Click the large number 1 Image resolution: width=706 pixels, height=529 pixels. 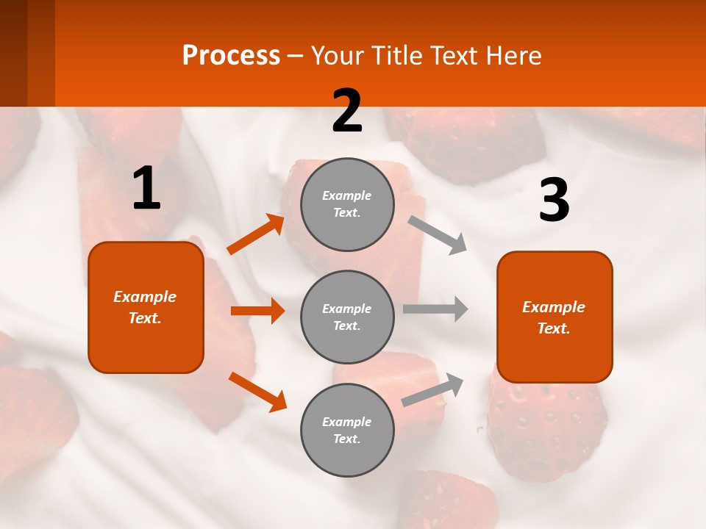tap(146, 189)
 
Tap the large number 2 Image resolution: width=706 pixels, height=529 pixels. tap(347, 112)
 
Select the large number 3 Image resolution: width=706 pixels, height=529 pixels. tap(554, 201)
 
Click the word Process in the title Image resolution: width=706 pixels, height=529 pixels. tap(231, 55)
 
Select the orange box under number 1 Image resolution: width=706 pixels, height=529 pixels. tap(146, 307)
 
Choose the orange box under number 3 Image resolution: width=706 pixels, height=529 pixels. tap(555, 317)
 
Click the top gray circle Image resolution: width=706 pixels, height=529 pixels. tap(348, 204)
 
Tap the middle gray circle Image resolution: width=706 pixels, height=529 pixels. tap(348, 317)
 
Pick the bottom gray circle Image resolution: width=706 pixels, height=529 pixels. tap(348, 430)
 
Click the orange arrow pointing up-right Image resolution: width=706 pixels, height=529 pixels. tap(256, 234)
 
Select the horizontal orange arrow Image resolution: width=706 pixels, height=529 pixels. tap(257, 311)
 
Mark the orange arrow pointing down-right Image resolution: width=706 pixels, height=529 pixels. tap(257, 392)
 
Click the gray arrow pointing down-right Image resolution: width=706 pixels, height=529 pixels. tap(438, 234)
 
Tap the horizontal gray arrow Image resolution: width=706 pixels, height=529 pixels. tap(435, 309)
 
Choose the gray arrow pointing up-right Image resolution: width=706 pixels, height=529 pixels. tap(432, 390)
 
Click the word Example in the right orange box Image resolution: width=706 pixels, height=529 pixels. tap(554, 307)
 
